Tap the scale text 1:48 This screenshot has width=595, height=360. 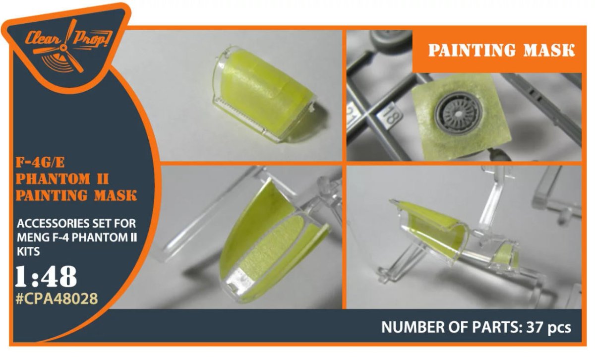pos(46,277)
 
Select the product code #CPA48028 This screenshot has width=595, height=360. pos(57,299)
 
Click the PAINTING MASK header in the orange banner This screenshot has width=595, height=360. pos(501,50)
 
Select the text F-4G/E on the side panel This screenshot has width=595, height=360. pos(40,162)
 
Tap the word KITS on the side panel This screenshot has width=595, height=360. pos(28,251)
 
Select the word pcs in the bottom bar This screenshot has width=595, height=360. pos(559,328)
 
